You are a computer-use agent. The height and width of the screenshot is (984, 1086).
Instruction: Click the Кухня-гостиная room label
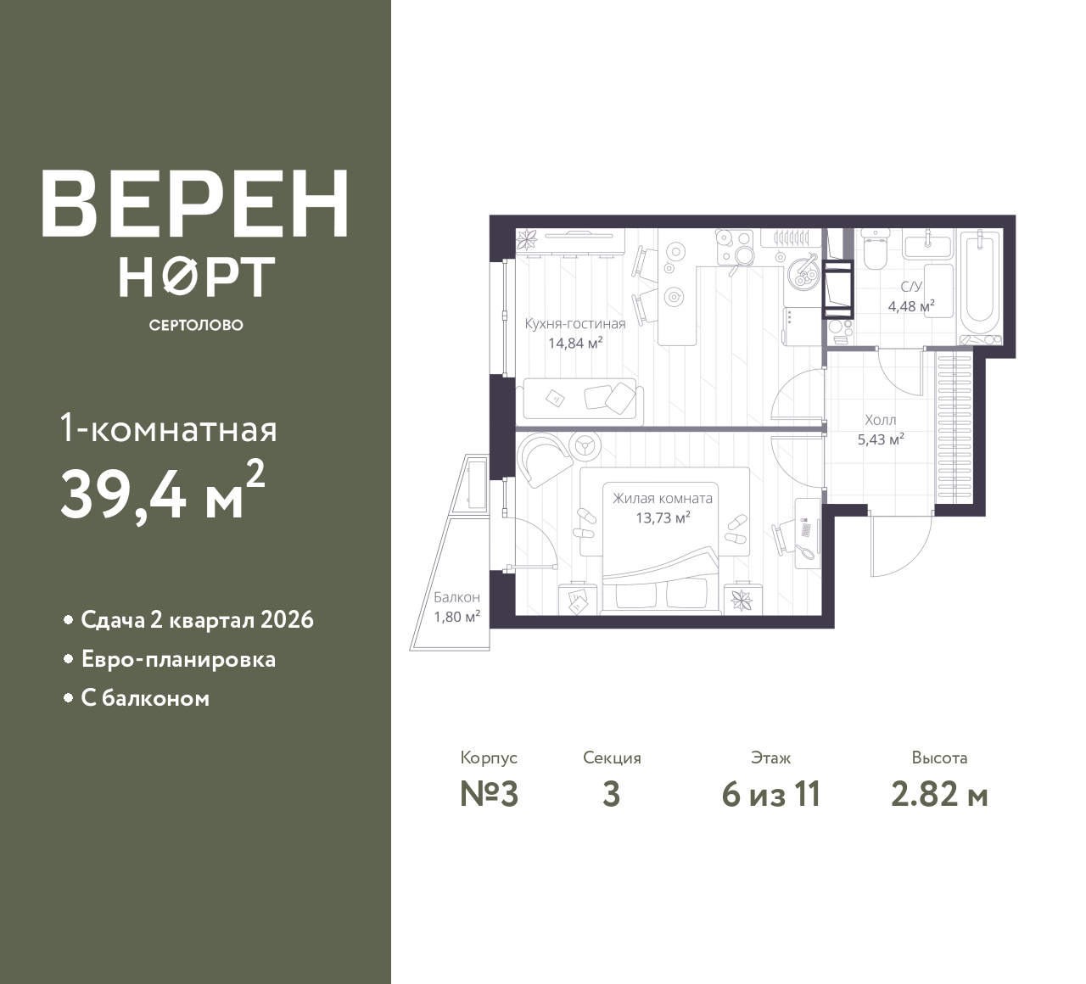575,324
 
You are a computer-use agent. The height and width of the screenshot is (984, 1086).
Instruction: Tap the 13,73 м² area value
663,518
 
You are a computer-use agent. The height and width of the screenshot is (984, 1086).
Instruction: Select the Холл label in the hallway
881,419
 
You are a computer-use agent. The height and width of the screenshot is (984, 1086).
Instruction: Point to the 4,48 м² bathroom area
911,306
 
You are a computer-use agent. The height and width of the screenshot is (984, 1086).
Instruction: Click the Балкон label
457,597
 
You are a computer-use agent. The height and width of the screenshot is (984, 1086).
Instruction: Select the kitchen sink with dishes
803,273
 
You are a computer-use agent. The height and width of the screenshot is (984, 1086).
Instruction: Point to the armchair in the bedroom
544,461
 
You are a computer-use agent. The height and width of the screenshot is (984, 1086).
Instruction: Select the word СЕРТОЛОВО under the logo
196,325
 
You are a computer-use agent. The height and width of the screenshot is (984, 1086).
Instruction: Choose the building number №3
490,795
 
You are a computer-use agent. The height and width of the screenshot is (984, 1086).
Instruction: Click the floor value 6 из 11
771,795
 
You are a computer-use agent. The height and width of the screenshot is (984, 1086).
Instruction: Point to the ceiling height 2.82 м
939,795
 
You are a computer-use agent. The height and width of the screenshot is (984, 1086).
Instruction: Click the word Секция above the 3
612,758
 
